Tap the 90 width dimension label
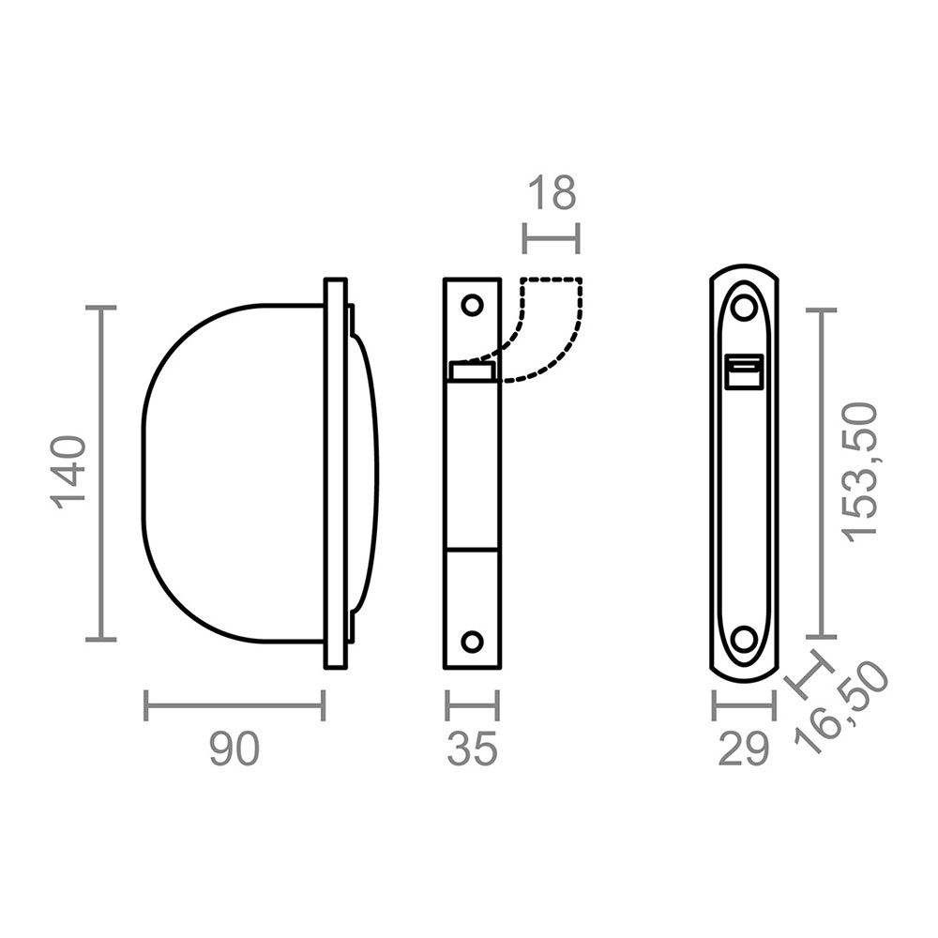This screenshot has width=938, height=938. click(233, 750)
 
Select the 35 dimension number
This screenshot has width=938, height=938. click(472, 750)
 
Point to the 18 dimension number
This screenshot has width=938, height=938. click(551, 194)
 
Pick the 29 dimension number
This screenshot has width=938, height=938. click(744, 750)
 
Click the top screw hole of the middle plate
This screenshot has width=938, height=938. click(472, 305)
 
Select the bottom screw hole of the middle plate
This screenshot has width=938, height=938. click(472, 642)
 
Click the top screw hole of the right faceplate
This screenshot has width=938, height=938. click(744, 307)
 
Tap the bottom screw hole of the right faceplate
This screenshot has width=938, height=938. click(744, 639)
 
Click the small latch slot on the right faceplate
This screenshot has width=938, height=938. click(746, 371)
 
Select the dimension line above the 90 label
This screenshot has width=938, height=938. click(234, 705)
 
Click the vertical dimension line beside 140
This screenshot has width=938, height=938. click(101, 473)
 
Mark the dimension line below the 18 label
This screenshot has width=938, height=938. click(551, 238)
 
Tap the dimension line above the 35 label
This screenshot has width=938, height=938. click(472, 705)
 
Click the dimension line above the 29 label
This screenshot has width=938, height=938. click(744, 705)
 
